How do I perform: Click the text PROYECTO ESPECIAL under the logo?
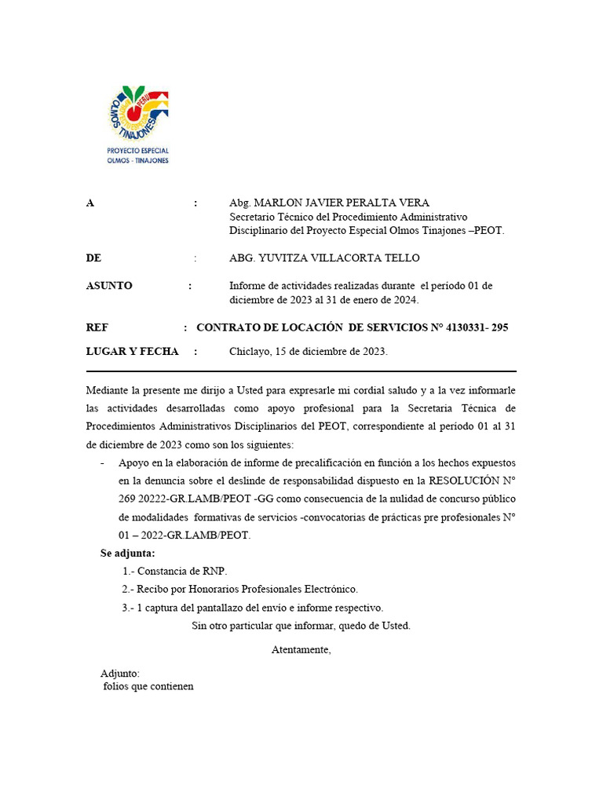[138, 151]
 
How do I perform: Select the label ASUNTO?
[109, 286]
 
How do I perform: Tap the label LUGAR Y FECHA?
[132, 351]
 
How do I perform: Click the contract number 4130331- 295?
[477, 327]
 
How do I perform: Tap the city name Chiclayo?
[248, 351]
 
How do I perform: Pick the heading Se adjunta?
[127, 554]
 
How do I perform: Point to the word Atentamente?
[301, 649]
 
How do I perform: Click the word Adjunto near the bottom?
[120, 673]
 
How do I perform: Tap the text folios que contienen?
[148, 686]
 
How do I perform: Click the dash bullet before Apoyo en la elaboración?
[103, 463]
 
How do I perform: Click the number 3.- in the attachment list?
[128, 608]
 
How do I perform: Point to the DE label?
[93, 258]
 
